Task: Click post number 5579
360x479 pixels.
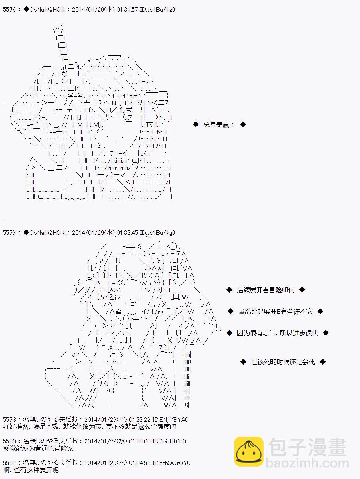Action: pos(8,232)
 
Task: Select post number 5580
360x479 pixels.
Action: pos(8,441)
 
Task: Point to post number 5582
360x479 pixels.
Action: pos(8,463)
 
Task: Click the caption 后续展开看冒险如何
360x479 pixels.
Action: pos(266,290)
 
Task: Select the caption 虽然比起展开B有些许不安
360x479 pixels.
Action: pos(275,311)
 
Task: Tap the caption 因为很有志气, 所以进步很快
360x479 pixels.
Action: pos(277,333)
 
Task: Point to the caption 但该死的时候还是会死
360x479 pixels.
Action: pos(283,361)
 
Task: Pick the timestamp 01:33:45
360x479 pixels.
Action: pos(128,232)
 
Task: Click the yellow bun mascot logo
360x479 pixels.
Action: pos(248,452)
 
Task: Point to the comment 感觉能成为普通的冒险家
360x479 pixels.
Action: pos(38,449)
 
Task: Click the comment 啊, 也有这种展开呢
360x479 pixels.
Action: pos(30,470)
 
